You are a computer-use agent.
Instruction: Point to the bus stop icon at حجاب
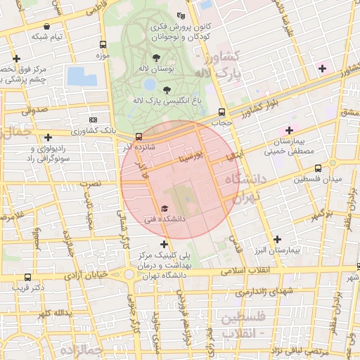pyautogui.click(x=222, y=112)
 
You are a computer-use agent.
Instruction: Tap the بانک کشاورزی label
pyautogui.click(x=99, y=131)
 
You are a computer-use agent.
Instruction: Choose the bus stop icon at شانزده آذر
pyautogui.click(x=139, y=136)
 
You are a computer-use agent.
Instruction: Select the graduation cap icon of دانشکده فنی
pyautogui.click(x=165, y=208)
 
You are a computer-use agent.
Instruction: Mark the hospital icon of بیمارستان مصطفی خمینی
pyautogui.click(x=288, y=130)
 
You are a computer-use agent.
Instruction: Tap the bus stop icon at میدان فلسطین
pyautogui.click(x=318, y=168)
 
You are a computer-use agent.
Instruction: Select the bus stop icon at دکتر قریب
pyautogui.click(x=27, y=277)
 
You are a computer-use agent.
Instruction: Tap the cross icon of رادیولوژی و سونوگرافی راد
pyautogui.click(x=48, y=138)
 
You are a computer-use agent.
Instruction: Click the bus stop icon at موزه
pyautogui.click(x=104, y=43)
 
